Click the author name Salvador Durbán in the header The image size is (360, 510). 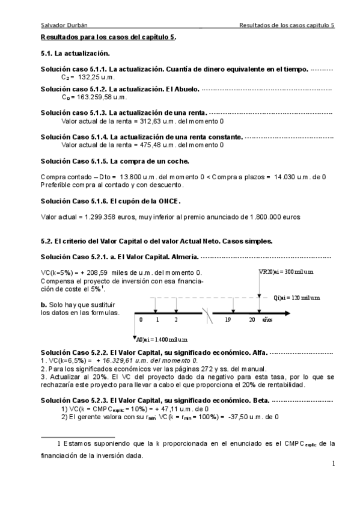click(x=59, y=25)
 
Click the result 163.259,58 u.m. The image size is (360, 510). click(x=99, y=96)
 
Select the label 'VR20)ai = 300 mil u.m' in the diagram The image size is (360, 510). click(x=286, y=272)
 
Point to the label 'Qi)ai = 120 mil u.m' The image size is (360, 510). click(x=296, y=298)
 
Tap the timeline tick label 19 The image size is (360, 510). click(x=228, y=320)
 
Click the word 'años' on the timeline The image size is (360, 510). click(x=267, y=320)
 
